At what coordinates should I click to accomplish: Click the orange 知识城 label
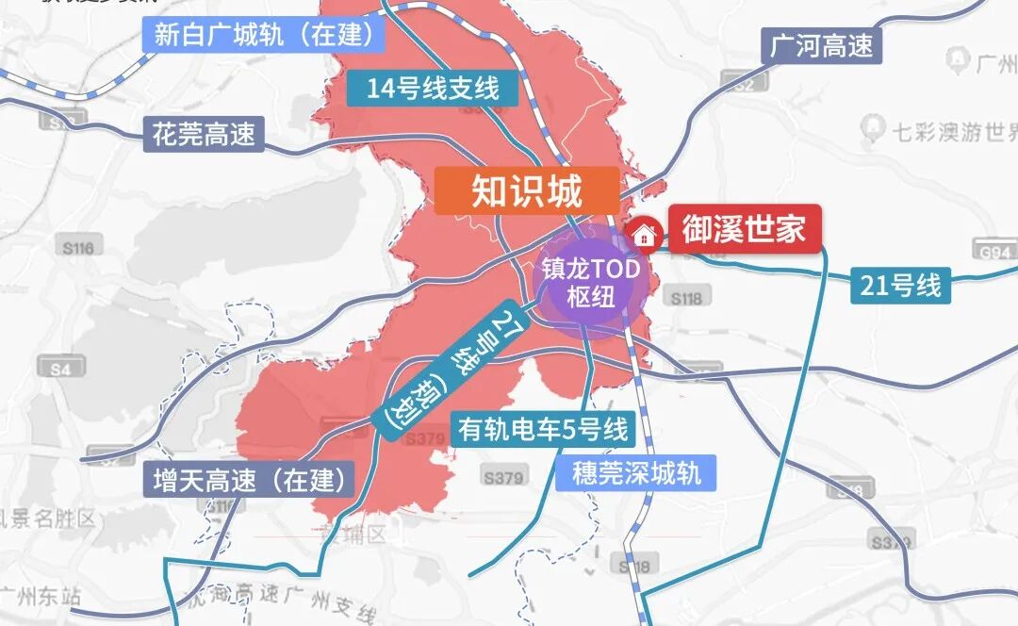tap(527, 192)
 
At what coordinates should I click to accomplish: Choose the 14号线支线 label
tap(433, 89)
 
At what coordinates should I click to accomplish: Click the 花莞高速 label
tap(205, 134)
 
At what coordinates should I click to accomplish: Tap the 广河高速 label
tap(822, 45)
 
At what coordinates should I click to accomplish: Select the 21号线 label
tap(901, 285)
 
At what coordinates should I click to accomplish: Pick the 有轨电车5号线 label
tap(543, 430)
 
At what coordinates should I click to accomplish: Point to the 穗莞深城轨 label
tap(637, 472)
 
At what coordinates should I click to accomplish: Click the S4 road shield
tap(60, 370)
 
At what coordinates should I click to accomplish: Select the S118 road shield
tap(687, 298)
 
